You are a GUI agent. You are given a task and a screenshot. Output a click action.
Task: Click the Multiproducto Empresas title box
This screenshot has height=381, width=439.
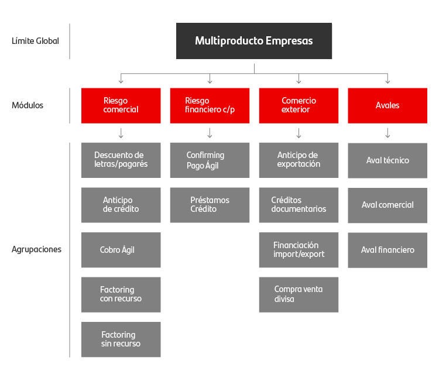pos(254,41)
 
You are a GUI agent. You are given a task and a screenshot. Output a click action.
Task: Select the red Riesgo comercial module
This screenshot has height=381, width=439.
pos(121,105)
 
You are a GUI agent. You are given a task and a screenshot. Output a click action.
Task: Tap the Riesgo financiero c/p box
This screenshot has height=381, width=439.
pos(210,105)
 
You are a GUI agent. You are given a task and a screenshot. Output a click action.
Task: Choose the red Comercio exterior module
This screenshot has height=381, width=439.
pos(299,105)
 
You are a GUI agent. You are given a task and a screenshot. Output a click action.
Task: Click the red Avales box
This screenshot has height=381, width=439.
pos(387,105)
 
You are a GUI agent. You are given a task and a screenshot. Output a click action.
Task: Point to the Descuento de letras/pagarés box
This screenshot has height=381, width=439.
pos(121,160)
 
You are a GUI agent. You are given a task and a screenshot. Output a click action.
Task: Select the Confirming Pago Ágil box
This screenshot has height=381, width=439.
pos(210,160)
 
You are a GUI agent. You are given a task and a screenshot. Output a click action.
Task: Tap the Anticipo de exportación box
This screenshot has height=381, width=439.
pos(299,160)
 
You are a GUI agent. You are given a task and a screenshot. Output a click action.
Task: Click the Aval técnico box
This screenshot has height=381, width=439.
pos(387,160)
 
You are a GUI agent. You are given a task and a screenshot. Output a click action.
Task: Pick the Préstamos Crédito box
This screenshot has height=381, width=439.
pos(210,205)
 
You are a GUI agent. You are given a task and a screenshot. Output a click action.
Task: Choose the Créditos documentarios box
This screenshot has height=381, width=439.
pos(299,205)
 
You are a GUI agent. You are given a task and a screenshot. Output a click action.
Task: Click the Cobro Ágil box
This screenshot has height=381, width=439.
pos(121,250)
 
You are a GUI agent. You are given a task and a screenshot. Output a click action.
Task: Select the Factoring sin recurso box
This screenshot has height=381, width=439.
pos(121,339)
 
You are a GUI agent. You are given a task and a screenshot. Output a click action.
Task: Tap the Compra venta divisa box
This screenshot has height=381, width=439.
pos(299,294)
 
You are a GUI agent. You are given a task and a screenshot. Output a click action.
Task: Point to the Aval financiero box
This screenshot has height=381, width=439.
pos(387,250)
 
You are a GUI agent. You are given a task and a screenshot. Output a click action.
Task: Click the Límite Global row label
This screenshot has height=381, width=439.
pos(35,41)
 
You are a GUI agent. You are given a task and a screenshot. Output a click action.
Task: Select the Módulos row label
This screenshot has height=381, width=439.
pos(28,105)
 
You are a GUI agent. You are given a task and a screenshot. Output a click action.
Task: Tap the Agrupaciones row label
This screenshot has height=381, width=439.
pos(36,249)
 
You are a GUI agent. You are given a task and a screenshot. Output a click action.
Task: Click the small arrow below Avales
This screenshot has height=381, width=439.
pos(387,133)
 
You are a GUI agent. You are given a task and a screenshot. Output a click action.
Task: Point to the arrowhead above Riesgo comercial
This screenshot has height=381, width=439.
pos(121,81)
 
